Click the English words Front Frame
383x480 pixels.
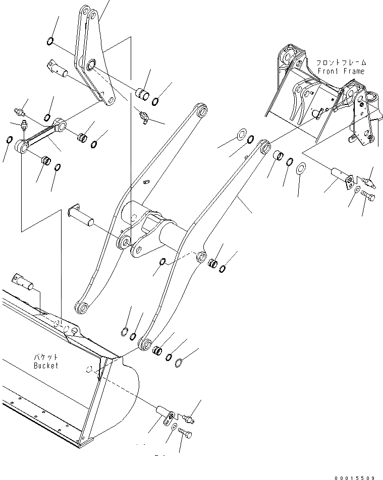(x=341, y=71)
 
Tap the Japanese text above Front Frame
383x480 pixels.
(x=341, y=63)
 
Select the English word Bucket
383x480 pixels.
(x=46, y=366)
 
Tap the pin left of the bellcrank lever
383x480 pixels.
(x=59, y=70)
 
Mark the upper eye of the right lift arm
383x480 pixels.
(x=264, y=146)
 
